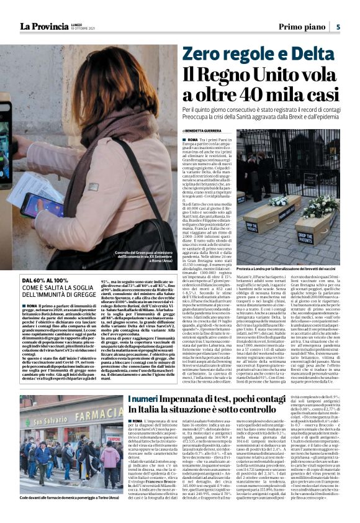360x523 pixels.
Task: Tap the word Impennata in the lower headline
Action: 193,399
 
